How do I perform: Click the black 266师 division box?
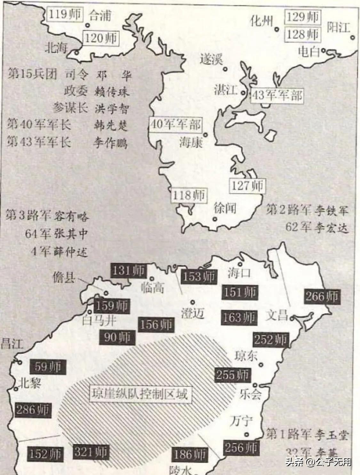coord(322,296)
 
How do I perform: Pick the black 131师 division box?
coord(128,271)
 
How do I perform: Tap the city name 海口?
coord(239,273)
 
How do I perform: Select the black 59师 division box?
coord(48,367)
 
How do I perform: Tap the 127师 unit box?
coord(247,185)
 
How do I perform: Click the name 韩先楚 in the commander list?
coord(111,125)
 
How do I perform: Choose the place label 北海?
coord(56,48)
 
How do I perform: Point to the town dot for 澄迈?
coord(193,302)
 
